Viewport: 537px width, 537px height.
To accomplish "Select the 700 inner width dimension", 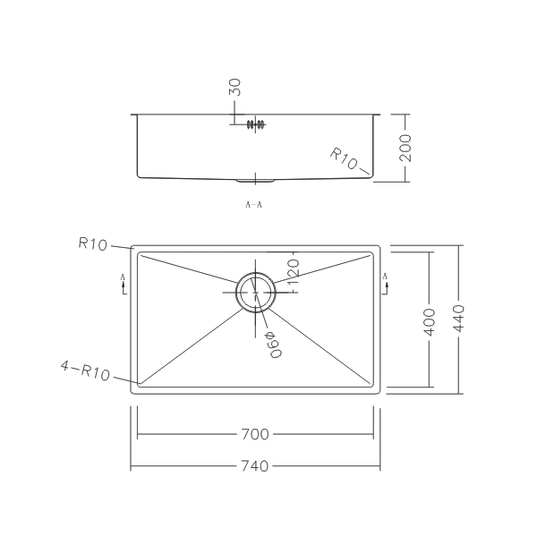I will point(255,435).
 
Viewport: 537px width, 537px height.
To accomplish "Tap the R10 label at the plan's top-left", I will point(92,243).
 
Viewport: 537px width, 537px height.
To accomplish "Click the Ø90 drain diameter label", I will point(271,341).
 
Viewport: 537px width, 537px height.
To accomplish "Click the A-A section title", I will point(253,205).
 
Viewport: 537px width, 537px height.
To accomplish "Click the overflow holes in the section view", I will point(256,124).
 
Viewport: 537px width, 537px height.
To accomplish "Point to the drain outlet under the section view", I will point(255,180).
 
